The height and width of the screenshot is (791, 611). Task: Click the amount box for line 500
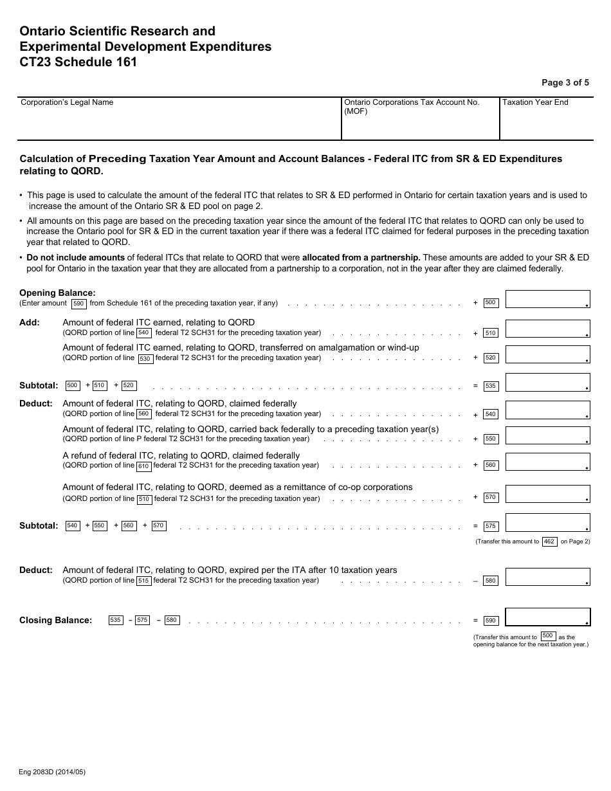(x=548, y=299)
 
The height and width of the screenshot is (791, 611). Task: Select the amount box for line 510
(x=548, y=329)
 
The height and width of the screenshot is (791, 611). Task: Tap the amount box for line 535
(x=548, y=383)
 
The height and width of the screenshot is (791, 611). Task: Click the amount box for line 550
(x=548, y=435)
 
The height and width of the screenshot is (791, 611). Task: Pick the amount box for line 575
(x=548, y=523)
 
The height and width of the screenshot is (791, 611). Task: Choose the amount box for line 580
(x=548, y=577)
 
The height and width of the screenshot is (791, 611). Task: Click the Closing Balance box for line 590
(x=548, y=617)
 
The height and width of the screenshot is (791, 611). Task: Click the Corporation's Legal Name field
(x=179, y=119)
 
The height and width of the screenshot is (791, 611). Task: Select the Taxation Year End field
(x=545, y=119)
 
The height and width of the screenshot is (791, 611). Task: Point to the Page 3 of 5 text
(x=565, y=82)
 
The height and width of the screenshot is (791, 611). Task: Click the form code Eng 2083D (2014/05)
(x=52, y=772)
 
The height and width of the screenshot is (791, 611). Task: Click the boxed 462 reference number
(x=549, y=541)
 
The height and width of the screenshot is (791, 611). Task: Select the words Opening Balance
(x=57, y=293)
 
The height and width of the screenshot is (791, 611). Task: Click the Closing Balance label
(x=55, y=621)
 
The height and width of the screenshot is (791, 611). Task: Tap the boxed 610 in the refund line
(x=143, y=466)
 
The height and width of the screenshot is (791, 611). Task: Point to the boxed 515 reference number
(x=143, y=581)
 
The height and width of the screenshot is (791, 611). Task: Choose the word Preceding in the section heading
(x=117, y=159)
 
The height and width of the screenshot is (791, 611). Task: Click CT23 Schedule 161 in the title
(x=78, y=62)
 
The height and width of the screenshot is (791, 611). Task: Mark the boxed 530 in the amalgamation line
(x=145, y=359)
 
